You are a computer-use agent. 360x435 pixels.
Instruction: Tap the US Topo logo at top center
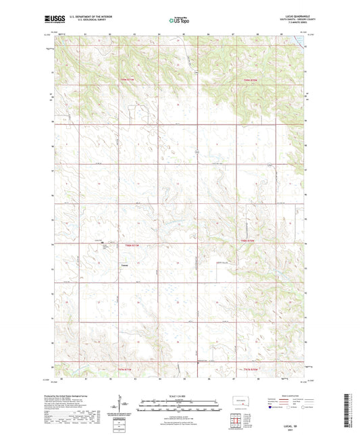click(180, 20)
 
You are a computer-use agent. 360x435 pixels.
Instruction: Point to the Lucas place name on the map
click(124, 265)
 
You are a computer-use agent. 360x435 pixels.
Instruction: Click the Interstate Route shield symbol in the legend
click(272, 407)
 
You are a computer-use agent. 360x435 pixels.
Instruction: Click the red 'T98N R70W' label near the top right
click(251, 81)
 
